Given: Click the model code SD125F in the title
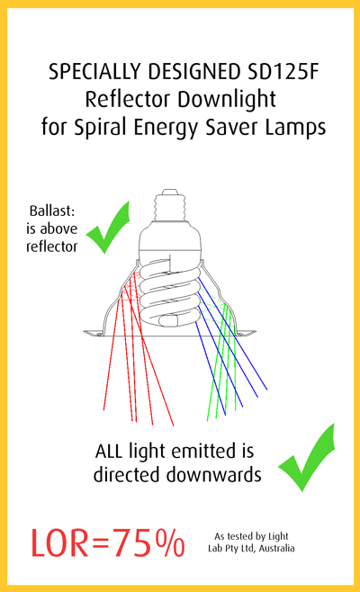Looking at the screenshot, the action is click(x=283, y=72).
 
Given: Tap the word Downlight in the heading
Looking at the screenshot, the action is click(x=227, y=100).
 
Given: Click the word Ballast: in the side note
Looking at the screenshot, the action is click(x=52, y=211).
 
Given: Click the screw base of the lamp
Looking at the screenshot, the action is click(x=170, y=205).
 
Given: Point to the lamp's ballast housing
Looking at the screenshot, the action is click(x=169, y=238).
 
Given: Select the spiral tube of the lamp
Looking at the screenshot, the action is click(x=169, y=291).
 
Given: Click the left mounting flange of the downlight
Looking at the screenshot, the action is click(x=94, y=333).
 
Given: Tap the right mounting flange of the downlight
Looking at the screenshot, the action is click(x=246, y=333).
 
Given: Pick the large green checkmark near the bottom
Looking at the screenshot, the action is click(x=307, y=458).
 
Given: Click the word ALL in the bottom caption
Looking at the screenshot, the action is click(x=109, y=451).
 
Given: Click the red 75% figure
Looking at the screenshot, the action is click(x=148, y=543).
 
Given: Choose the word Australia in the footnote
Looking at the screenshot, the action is click(x=277, y=548).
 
